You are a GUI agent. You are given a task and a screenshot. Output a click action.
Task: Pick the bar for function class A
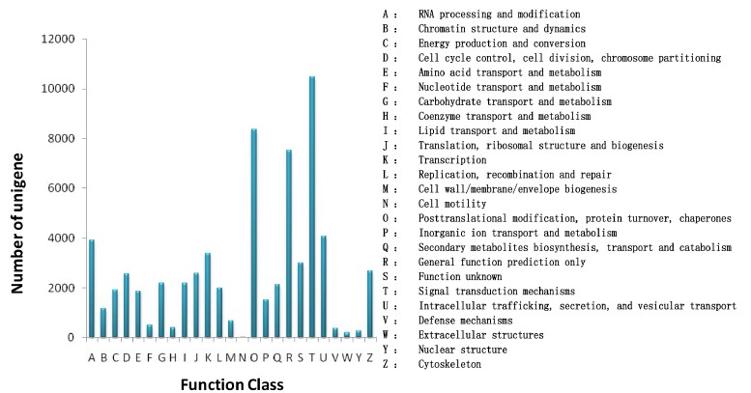tap(92, 289)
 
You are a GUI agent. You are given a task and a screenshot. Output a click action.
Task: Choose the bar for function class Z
tap(370, 304)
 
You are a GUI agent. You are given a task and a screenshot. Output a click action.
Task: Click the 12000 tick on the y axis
tap(58, 40)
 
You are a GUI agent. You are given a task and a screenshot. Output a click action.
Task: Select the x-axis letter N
tap(243, 353)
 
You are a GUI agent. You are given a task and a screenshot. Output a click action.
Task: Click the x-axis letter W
tap(347, 353)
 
